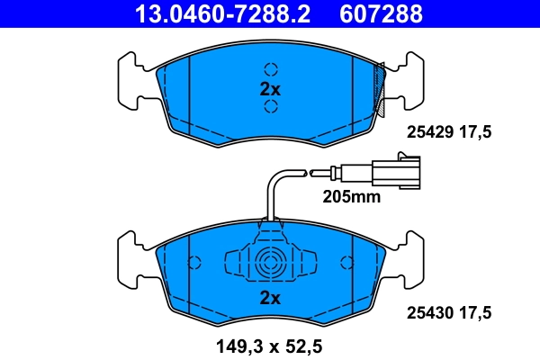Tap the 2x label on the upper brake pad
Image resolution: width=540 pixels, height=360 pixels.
pyautogui.click(x=271, y=89)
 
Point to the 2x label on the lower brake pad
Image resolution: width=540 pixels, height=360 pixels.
pyautogui.click(x=271, y=297)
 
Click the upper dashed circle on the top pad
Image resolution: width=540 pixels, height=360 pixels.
pyautogui.click(x=271, y=69)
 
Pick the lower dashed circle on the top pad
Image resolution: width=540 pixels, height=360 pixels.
pyautogui.click(x=271, y=109)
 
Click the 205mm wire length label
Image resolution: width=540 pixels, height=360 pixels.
pyautogui.click(x=352, y=196)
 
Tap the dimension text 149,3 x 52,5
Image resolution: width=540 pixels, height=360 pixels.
pyautogui.click(x=270, y=343)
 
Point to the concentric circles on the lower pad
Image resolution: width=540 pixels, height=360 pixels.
pyautogui.click(x=271, y=264)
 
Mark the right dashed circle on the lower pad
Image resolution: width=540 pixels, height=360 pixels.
pyautogui.click(x=348, y=262)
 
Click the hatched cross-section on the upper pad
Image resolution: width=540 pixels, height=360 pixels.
pyautogui.click(x=382, y=87)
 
